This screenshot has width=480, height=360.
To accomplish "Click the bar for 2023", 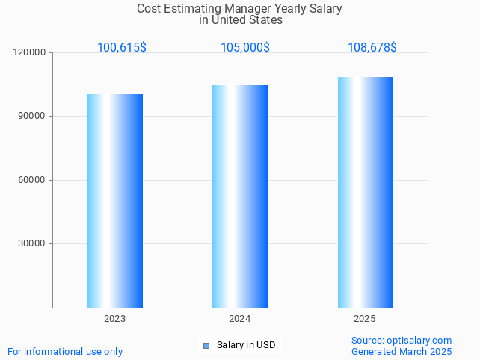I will tap(115, 201).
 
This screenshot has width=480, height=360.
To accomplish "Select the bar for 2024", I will tap(240, 196).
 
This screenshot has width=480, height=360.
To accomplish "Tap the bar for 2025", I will tap(365, 192).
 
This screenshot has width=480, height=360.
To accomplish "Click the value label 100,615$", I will tap(122, 47).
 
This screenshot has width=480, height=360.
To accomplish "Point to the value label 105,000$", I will tap(245, 47).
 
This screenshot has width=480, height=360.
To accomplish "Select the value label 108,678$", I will tap(372, 47).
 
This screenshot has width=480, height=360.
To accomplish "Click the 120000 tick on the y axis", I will tap(31, 52).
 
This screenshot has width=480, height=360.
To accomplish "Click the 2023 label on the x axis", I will tap(115, 319).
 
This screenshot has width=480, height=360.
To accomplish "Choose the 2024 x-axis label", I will tap(240, 319).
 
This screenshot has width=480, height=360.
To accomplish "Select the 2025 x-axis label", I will tap(365, 319).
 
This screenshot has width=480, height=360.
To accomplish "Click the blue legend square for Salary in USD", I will tap(207, 345).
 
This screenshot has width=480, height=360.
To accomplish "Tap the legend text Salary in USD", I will tap(246, 345).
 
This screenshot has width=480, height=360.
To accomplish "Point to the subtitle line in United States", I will tap(241, 20).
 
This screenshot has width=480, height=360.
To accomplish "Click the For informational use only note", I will tap(65, 351).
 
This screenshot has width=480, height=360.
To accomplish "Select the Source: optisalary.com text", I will tap(401, 340).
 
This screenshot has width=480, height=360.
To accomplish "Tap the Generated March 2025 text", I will tap(401, 351).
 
